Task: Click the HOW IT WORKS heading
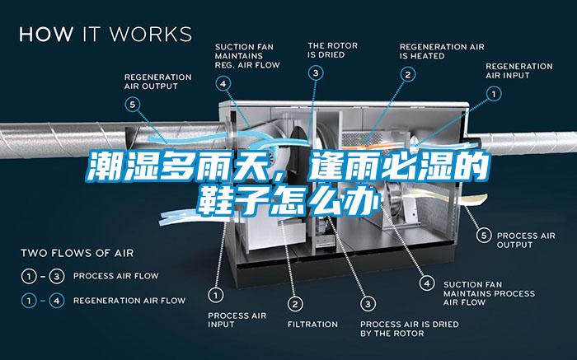(x=105, y=34)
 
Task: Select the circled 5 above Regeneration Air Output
(x=133, y=104)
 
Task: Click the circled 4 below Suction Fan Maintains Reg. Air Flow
(x=223, y=82)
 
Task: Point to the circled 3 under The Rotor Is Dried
(x=316, y=73)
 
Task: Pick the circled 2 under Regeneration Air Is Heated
(x=407, y=73)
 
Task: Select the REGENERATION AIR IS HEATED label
(x=434, y=51)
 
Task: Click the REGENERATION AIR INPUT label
(x=518, y=71)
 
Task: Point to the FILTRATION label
(x=312, y=324)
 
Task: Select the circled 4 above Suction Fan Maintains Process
(x=426, y=283)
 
